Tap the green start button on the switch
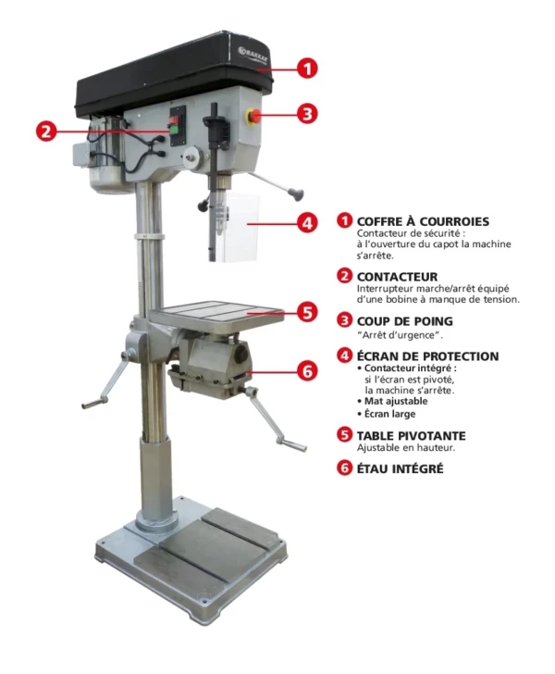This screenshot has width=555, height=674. coord(175,130)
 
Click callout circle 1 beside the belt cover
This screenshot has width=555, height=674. coord(307,69)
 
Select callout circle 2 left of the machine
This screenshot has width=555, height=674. coord(46,131)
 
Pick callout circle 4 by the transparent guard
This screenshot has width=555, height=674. coord(307,223)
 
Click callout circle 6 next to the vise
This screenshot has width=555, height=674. coord(307,371)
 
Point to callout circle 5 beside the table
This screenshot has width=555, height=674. coord(307,313)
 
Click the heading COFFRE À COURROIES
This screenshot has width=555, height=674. coord(423,222)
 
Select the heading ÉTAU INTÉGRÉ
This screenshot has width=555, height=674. coord(400,469)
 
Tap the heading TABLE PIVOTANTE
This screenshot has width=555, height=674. coord(411,436)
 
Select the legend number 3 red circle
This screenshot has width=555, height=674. coord(345,320)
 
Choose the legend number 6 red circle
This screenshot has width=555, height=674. coord(345,468)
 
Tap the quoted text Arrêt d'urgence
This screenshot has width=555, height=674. coord(400,335)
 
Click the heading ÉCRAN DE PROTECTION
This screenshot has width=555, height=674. coord(427,356)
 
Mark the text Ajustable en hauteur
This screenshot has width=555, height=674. coord(406,448)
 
